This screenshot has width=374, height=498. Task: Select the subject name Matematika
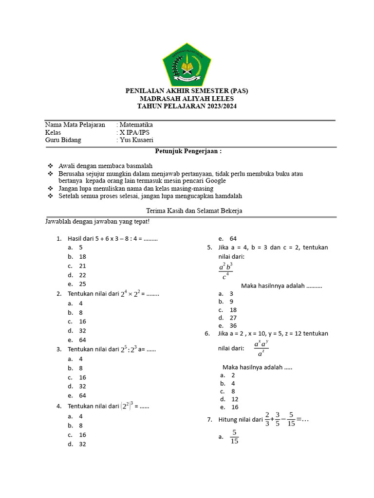136,125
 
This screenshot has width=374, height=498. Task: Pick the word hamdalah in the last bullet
224,196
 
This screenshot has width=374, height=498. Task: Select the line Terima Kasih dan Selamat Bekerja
194,211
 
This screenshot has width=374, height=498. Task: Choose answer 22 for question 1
82,275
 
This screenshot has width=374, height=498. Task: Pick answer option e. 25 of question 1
82,284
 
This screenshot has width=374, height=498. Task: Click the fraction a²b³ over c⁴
225,271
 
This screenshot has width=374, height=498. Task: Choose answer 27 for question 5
233,318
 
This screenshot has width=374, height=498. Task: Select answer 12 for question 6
235,399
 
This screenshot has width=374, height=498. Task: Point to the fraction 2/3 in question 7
267,419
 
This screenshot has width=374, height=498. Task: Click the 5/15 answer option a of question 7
234,437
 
